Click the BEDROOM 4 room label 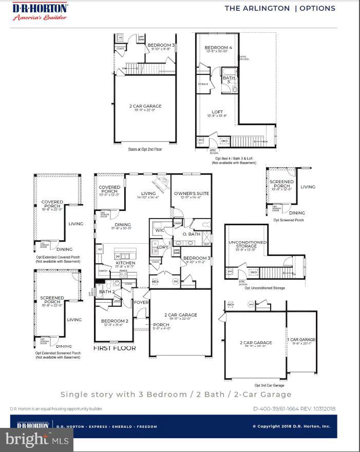(x=218, y=48)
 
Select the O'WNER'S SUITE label (x=192, y=193)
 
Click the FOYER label (x=141, y=302)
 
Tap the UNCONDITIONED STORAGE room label (x=247, y=245)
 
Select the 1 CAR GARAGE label (x=301, y=340)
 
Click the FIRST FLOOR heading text (x=115, y=348)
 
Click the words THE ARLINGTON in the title (x=257, y=8)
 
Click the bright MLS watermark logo (x=36, y=440)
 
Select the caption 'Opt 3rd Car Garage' (x=269, y=385)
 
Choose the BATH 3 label (x=229, y=80)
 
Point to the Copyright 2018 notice (x=291, y=426)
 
